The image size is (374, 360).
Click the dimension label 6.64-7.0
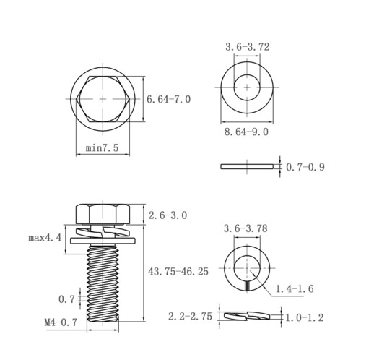(168, 99)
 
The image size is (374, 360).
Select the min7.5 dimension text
(103, 147)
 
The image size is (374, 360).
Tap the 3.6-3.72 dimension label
(248, 47)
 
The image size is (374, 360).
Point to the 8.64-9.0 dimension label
(246, 132)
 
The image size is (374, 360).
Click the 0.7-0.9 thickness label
(305, 167)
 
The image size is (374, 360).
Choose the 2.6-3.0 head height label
(168, 215)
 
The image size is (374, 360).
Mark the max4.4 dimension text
(45, 238)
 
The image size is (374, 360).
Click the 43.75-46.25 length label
(178, 272)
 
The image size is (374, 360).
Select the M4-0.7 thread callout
(61, 322)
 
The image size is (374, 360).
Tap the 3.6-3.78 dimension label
(245, 228)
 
